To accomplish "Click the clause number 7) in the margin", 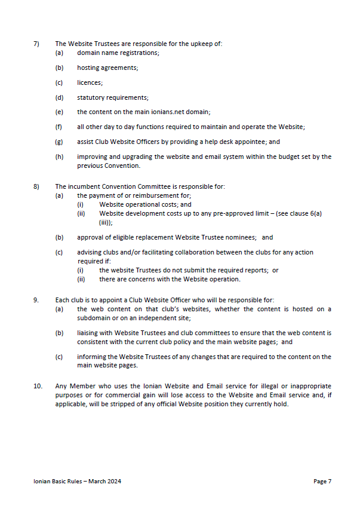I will [36, 44].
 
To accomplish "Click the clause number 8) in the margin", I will [36, 186].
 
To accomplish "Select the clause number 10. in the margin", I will [38, 387].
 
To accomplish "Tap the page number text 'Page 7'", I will [322, 482].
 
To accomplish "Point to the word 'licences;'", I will [90, 82].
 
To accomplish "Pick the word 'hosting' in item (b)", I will [88, 68].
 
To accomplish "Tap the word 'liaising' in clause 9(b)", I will [87, 332].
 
